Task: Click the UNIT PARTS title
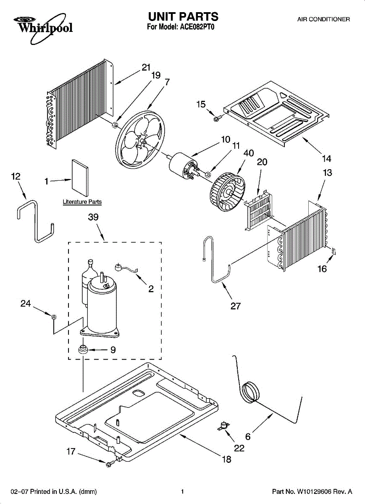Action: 183,17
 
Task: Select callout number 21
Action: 146,67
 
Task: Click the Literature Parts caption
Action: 82,202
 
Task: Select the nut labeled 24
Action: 53,316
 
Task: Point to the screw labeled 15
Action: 217,119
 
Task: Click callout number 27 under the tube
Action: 236,306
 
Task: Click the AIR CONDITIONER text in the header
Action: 323,19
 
